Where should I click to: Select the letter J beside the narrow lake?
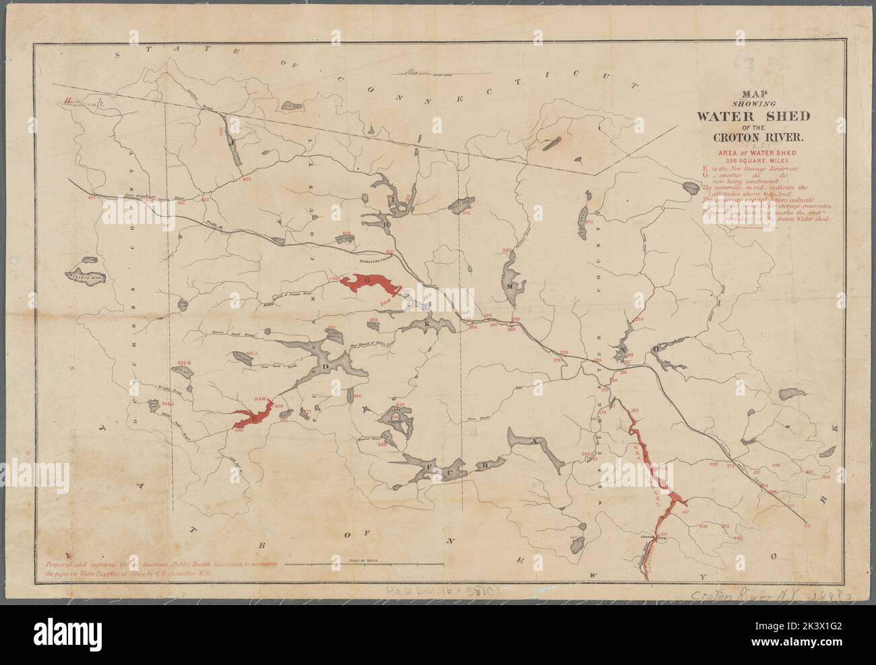[x=230, y=143]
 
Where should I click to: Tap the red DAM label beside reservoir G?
[x=385, y=303]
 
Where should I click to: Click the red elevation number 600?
[x=279, y=406]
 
